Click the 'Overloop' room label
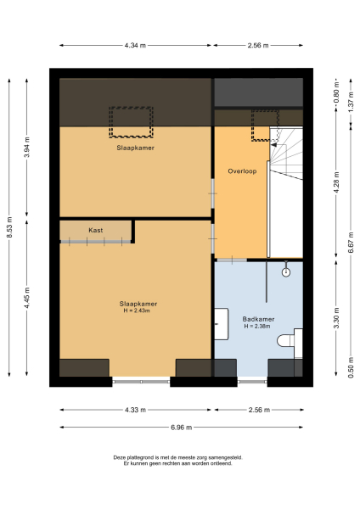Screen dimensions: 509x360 pos(242,171)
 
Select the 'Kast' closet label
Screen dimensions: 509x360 pos(96,230)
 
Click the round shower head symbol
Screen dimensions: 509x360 pos(286,272)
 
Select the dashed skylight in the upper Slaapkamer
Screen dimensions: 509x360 pos(131,121)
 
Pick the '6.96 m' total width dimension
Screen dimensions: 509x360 pos(181,427)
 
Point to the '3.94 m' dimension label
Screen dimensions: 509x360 pos(27,148)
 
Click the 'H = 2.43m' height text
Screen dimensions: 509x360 pos(137,310)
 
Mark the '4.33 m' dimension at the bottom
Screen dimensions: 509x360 pos(135,410)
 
